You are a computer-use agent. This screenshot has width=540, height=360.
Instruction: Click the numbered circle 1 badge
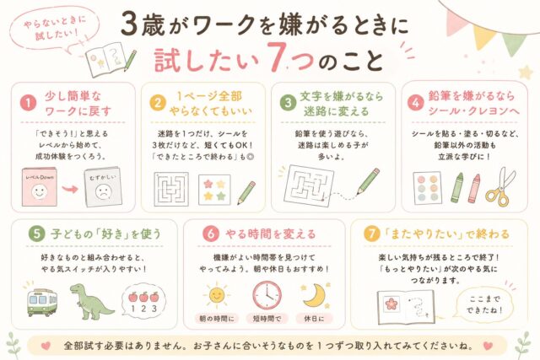28,103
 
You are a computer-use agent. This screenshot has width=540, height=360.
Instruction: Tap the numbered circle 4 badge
416,103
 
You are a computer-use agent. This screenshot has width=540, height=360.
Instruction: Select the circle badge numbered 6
211,234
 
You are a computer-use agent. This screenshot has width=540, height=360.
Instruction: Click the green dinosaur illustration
91,302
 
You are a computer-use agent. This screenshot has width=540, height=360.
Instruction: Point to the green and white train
42,302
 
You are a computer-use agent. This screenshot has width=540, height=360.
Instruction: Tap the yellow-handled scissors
500,187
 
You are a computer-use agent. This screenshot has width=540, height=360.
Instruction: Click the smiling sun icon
216,294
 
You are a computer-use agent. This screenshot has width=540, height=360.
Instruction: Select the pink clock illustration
267,295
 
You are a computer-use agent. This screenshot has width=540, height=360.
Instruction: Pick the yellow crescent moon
315,295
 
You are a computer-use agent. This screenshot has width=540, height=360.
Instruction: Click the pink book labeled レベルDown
40,187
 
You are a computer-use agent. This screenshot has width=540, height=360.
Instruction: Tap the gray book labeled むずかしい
103,187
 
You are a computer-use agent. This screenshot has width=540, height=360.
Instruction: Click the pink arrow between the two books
70,189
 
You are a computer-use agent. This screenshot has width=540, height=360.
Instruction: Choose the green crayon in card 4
456,187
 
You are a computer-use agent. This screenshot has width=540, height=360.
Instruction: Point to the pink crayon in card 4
474,188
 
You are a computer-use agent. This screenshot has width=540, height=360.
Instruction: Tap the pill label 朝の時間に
217,319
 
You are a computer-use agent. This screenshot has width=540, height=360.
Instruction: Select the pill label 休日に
315,319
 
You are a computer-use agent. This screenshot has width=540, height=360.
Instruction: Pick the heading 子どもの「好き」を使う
105,234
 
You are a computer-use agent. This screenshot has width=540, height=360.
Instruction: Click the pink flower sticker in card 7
391,304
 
